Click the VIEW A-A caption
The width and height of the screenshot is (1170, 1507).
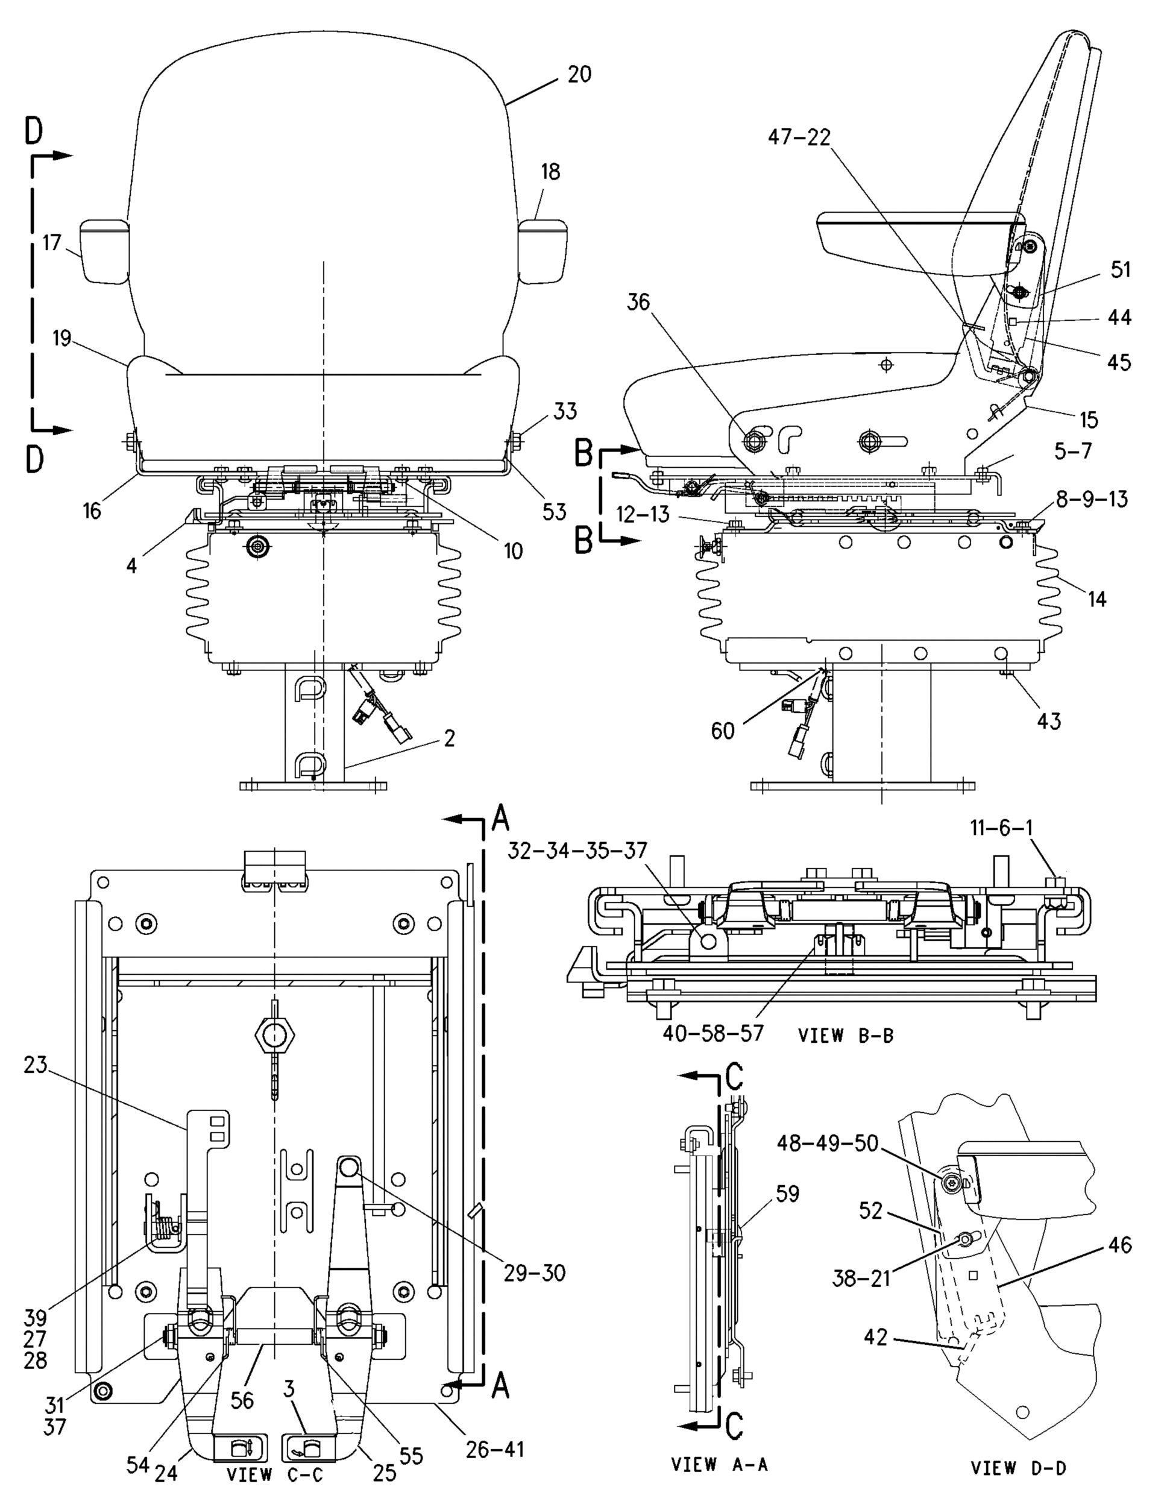720,1464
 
